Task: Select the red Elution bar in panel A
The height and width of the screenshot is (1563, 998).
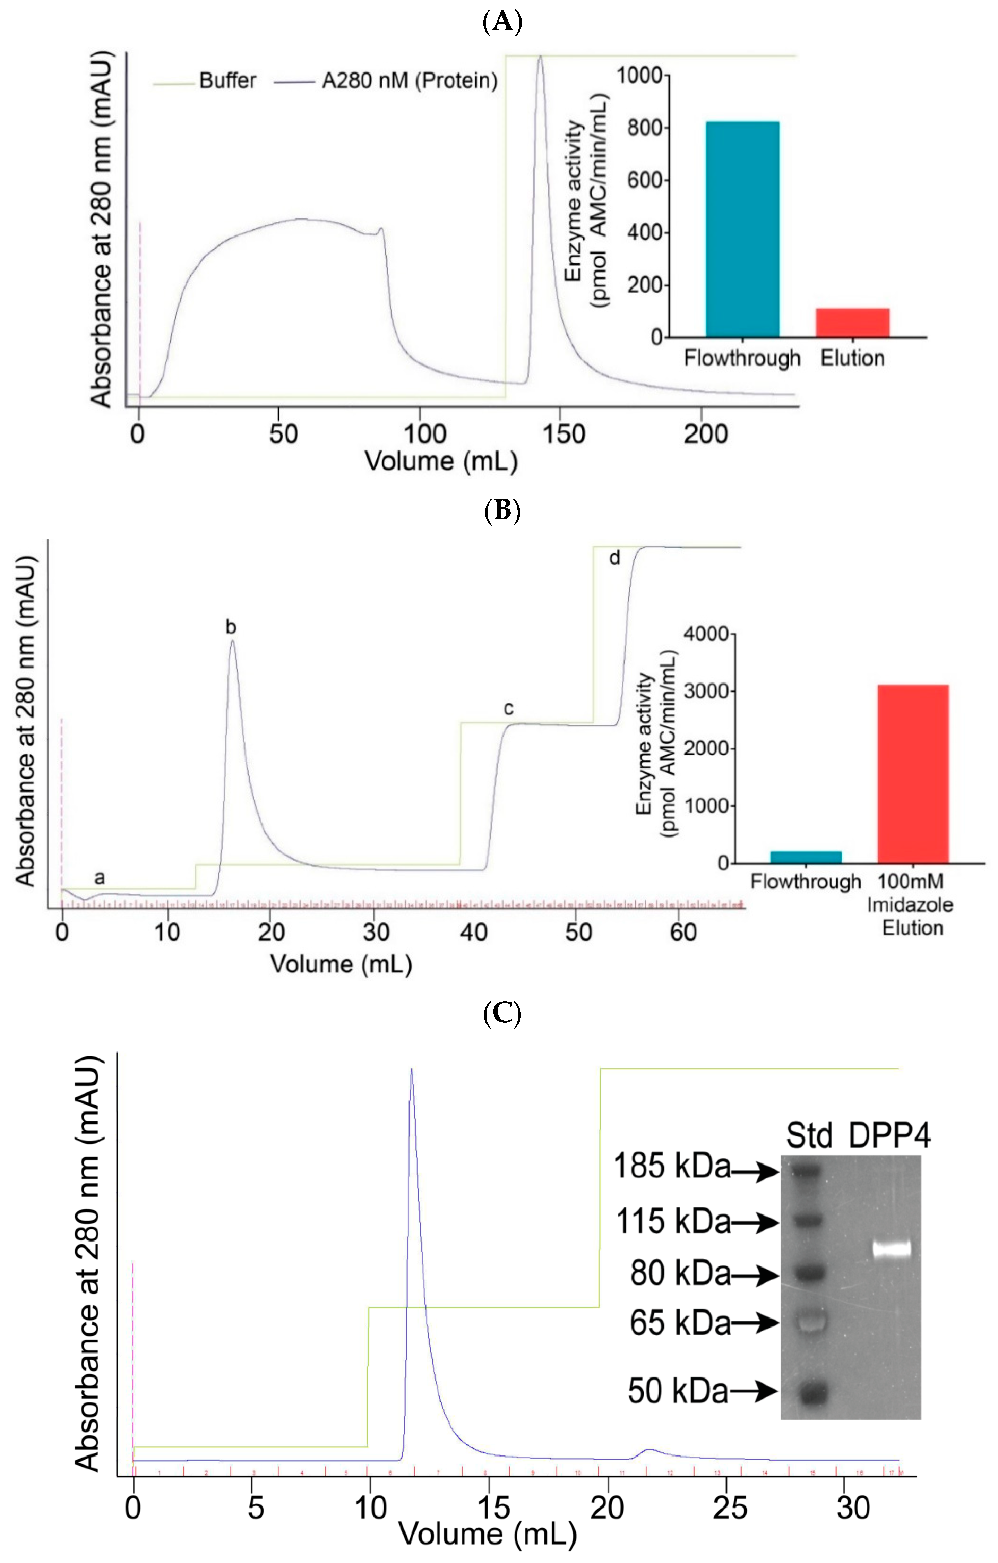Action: tap(852, 323)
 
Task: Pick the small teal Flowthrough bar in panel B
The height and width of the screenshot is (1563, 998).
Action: tap(806, 857)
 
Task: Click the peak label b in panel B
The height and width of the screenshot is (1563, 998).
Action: tap(231, 627)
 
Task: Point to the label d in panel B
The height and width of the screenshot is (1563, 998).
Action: tap(614, 558)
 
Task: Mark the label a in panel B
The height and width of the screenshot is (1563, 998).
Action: tap(99, 878)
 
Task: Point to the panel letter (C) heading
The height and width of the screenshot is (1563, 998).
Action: tap(503, 1013)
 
